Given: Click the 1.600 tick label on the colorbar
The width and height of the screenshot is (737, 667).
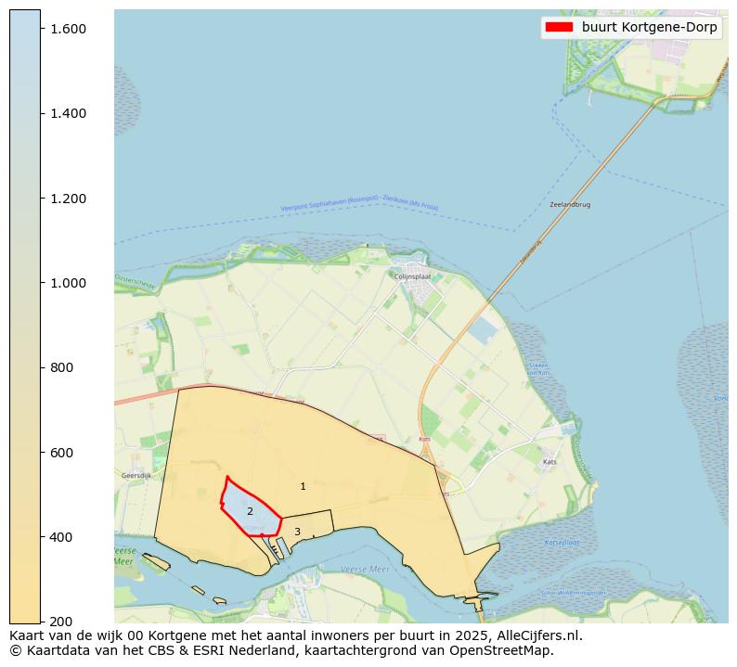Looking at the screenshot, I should [68, 29].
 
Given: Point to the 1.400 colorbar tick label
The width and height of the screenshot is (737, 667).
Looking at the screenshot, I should [68, 113].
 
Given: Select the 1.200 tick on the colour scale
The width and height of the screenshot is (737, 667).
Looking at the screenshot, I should [68, 199].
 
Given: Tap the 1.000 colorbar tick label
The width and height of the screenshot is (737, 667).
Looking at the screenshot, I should [68, 283].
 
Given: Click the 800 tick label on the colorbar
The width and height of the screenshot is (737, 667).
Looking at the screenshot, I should [61, 367].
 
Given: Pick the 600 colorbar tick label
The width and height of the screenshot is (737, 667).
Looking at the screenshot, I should [61, 453].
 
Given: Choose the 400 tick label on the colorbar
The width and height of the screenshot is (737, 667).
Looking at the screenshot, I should [61, 537].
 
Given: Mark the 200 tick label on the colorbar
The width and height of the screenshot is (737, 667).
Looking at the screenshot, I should [61, 621].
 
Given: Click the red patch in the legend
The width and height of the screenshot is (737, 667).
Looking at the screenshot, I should [560, 27].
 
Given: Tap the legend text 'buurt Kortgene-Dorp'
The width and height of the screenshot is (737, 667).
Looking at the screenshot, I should [649, 27].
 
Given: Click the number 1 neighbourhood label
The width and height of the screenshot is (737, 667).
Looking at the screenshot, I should [303, 486].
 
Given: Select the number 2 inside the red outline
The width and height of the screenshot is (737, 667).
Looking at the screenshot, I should [250, 511].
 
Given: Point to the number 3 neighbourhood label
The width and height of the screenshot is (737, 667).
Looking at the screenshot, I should [297, 532].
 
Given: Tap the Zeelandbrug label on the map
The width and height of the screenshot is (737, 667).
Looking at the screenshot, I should [570, 204].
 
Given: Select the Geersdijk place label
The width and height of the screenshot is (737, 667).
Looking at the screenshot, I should [136, 476].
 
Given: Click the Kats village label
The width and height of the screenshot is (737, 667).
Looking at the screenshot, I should [550, 461].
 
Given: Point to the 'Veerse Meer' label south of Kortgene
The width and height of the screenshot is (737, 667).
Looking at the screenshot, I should [365, 569].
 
